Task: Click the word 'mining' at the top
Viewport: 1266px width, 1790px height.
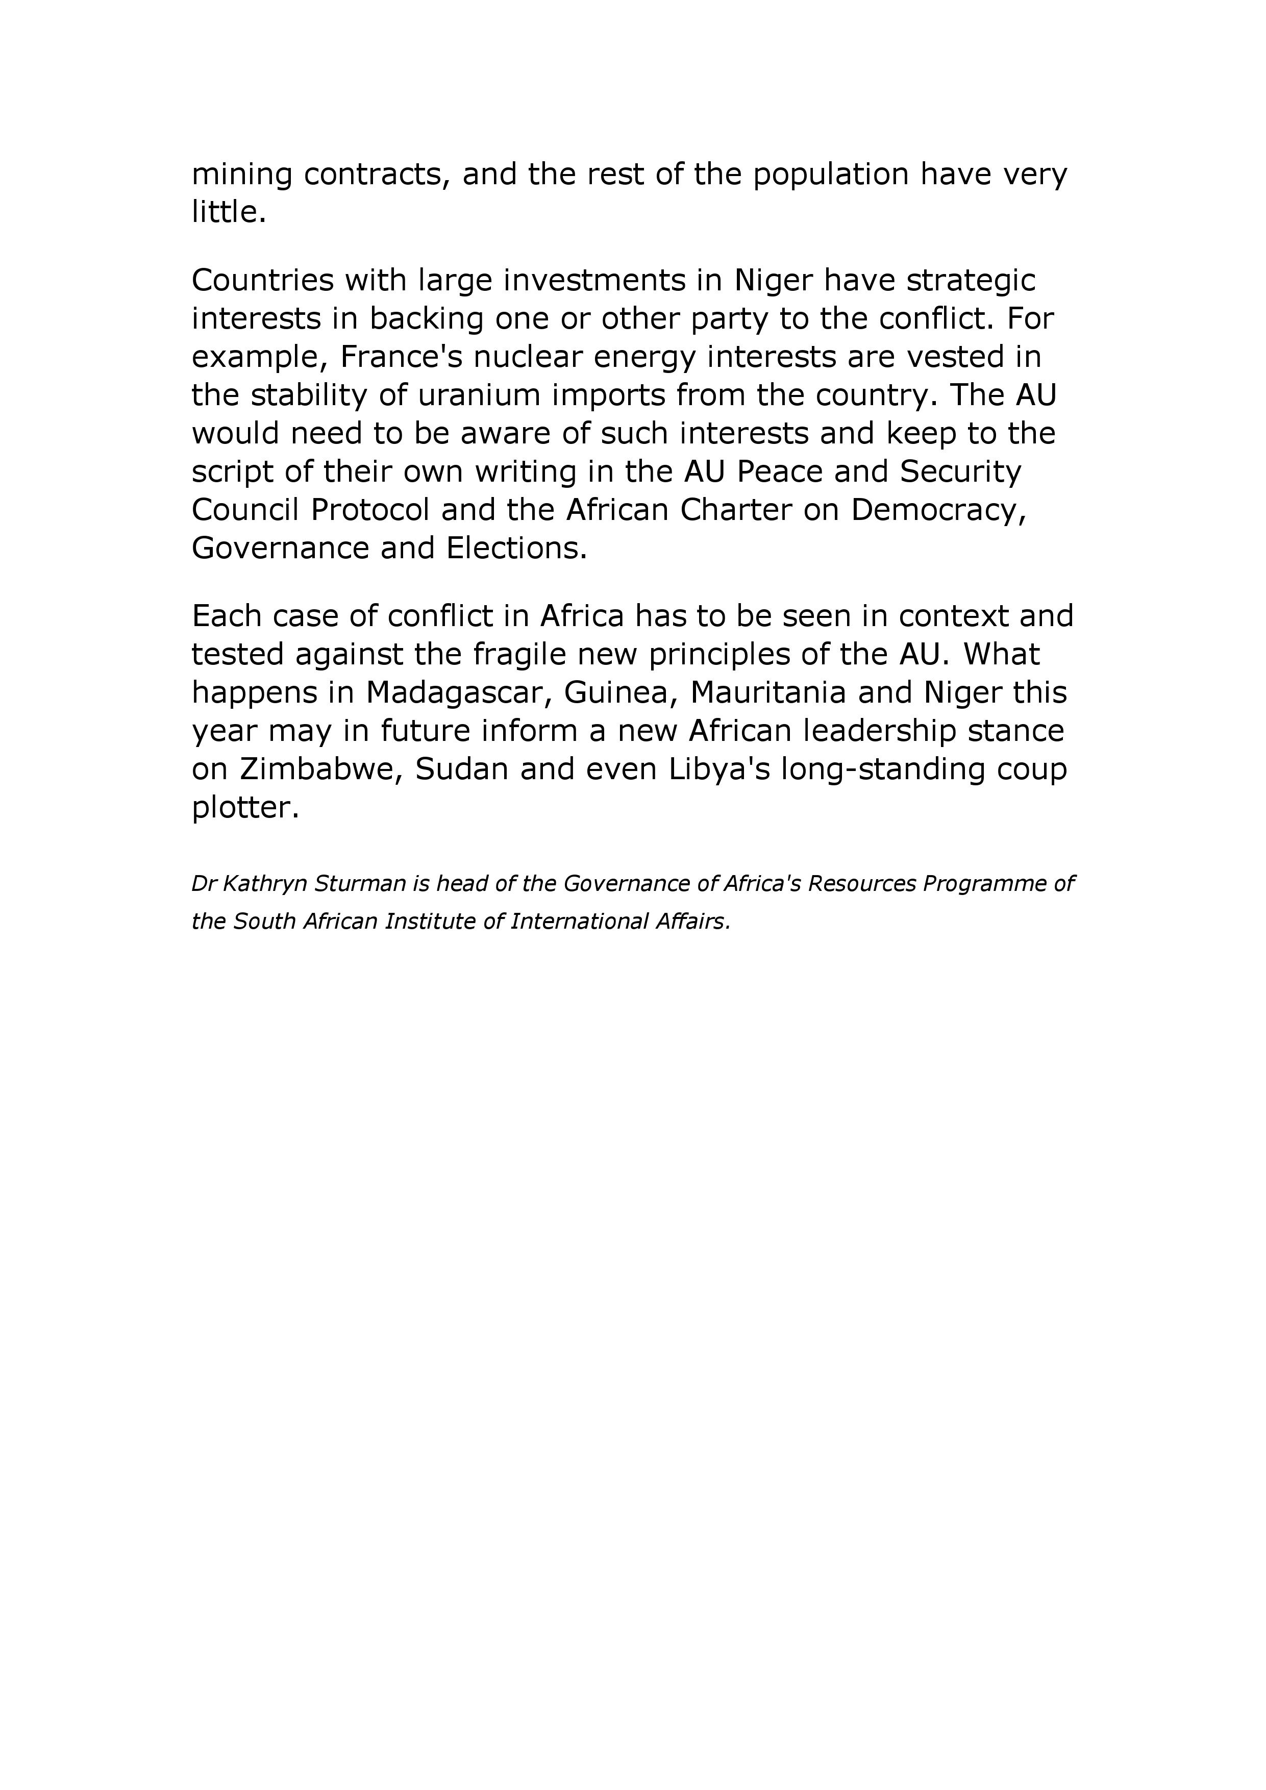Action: (x=242, y=175)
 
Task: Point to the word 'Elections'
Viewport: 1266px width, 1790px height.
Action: (x=515, y=548)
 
